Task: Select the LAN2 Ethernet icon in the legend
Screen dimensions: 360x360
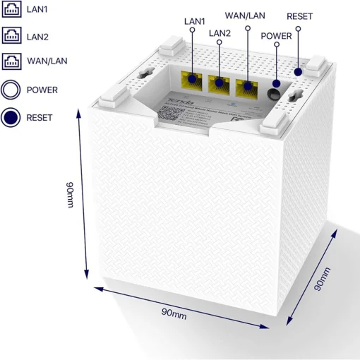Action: pyautogui.click(x=11, y=35)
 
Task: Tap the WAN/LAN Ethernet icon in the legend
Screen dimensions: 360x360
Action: pyautogui.click(x=11, y=61)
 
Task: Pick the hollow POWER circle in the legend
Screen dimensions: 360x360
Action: pyautogui.click(x=11, y=90)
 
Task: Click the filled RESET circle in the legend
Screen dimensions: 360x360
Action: pyautogui.click(x=11, y=117)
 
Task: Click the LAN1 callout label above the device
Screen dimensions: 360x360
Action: pyautogui.click(x=194, y=21)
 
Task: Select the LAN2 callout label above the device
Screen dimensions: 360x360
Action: pyautogui.click(x=220, y=32)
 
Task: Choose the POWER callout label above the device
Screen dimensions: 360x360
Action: pyautogui.click(x=275, y=35)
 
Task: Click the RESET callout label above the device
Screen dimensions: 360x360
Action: pyautogui.click(x=299, y=16)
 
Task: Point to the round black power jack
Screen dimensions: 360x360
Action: pyautogui.click(x=275, y=92)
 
